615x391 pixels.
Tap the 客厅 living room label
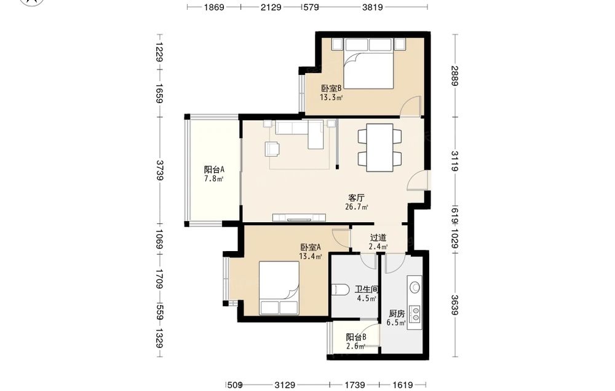point(357,198)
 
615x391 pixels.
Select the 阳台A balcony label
point(214,170)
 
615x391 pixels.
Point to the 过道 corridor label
point(378,238)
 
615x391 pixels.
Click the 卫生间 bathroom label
point(367,290)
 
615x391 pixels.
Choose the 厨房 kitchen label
point(397,314)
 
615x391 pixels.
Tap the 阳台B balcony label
point(356,337)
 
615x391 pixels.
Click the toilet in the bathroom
point(340,290)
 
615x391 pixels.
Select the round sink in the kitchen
point(415,288)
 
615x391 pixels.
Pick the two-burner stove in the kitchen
point(415,312)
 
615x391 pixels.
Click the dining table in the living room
point(379,147)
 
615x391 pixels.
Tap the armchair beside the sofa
point(272,149)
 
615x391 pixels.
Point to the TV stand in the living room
point(300,217)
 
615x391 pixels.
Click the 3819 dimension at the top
point(372,7)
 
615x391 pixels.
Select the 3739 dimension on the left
point(160,170)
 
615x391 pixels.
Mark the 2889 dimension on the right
point(454,75)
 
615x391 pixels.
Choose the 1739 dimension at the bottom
point(355,385)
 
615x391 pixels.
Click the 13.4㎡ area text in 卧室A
point(311,257)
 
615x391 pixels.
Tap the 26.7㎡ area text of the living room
point(357,207)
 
